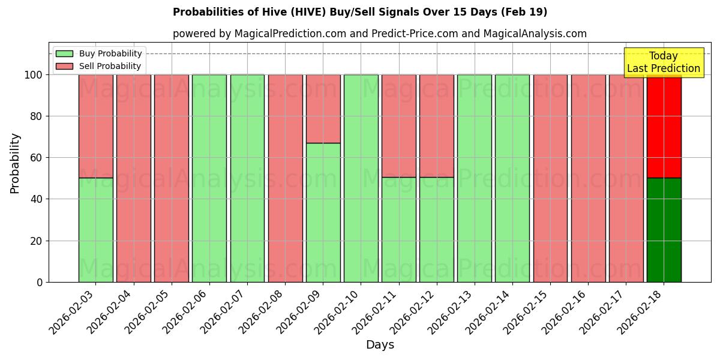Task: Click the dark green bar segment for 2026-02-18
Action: [664, 230]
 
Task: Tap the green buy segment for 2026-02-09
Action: [323, 212]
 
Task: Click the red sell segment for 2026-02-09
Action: [323, 109]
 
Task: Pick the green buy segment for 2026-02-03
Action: [95, 230]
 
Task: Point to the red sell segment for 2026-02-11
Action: [398, 126]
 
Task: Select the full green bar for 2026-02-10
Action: [361, 178]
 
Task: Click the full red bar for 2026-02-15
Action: [550, 178]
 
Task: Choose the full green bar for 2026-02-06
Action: [209, 178]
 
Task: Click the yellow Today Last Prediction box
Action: [663, 62]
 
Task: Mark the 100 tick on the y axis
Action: [34, 75]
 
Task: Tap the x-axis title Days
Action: [380, 345]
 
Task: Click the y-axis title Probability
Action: [15, 163]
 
